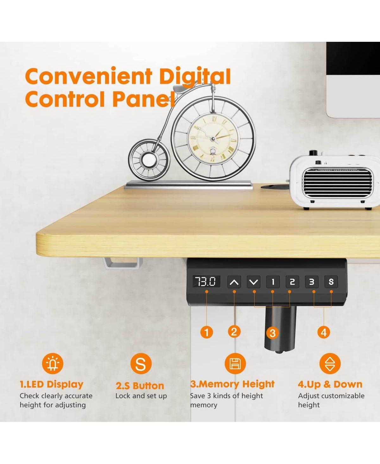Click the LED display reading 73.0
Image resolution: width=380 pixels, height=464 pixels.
[x=206, y=282]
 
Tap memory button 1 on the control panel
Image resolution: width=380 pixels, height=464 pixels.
[x=273, y=282]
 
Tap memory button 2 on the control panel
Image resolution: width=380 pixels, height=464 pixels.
[x=292, y=282]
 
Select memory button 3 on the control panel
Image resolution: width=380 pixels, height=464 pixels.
[x=312, y=282]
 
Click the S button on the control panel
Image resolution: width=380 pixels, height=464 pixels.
[x=331, y=282]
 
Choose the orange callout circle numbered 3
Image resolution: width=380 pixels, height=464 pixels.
[x=273, y=333]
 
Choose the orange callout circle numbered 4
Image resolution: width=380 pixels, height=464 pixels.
[x=324, y=332]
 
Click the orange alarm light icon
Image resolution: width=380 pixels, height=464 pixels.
[x=53, y=364]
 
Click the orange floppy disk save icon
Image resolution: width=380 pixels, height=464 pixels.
[x=235, y=364]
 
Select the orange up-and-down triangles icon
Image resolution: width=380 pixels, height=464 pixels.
[x=330, y=364]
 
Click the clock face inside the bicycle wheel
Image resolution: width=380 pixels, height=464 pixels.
[x=213, y=139]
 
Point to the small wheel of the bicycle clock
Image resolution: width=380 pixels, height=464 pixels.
[x=149, y=160]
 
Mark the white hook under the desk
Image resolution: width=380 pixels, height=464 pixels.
[x=123, y=263]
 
